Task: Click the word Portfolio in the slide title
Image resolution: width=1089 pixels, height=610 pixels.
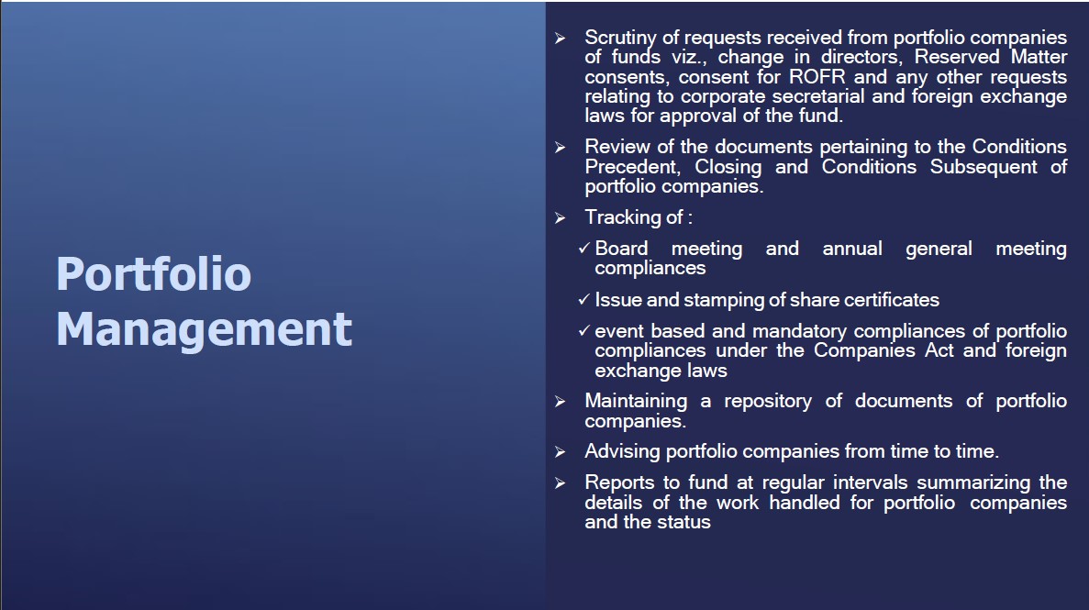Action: pos(153,273)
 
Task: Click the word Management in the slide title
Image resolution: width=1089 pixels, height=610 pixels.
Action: pos(205,329)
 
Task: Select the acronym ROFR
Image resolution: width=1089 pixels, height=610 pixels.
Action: pos(817,76)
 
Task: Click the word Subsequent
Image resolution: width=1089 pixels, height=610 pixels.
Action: pos(983,168)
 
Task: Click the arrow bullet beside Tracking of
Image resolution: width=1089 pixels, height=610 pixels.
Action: pos(561,218)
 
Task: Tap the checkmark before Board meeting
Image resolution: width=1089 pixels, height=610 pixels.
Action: pos(584,248)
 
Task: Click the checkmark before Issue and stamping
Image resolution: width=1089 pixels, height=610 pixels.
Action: pos(584,299)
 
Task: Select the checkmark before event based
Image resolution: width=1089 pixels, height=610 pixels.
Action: pos(584,331)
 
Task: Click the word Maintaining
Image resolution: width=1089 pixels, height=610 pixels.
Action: pos(636,402)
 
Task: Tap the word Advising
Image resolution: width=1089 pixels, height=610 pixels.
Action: pos(622,451)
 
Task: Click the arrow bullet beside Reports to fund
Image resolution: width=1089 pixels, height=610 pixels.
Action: pos(561,482)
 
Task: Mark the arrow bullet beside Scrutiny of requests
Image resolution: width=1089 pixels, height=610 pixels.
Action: pos(561,39)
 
